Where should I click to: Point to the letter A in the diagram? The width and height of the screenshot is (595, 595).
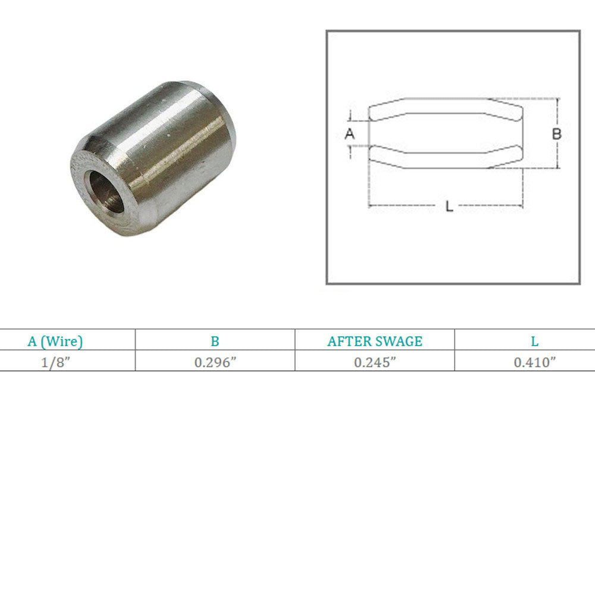pyautogui.click(x=349, y=133)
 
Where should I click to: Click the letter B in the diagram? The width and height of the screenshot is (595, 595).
pyautogui.click(x=556, y=133)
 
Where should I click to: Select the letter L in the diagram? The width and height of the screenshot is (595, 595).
pyautogui.click(x=449, y=206)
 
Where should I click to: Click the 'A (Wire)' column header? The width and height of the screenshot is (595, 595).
pyautogui.click(x=55, y=341)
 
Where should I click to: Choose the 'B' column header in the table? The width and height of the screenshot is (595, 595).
pyautogui.click(x=215, y=341)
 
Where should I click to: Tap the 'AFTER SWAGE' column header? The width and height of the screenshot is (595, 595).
pyautogui.click(x=375, y=341)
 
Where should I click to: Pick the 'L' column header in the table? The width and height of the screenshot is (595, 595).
pyautogui.click(x=535, y=341)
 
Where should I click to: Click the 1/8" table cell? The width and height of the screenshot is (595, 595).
pyautogui.click(x=56, y=362)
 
